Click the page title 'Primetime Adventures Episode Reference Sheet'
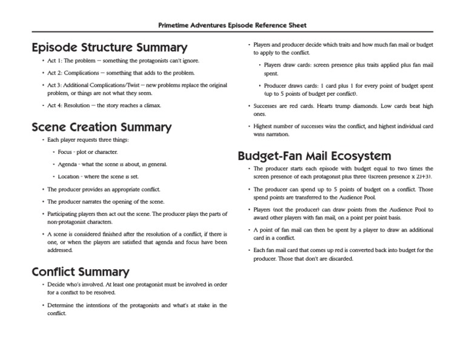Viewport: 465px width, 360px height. click(232, 25)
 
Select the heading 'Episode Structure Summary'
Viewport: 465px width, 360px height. click(109, 47)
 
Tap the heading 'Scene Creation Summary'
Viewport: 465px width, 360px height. click(101, 127)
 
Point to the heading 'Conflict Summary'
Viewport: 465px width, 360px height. click(80, 272)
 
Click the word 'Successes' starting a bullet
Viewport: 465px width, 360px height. click(266, 105)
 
